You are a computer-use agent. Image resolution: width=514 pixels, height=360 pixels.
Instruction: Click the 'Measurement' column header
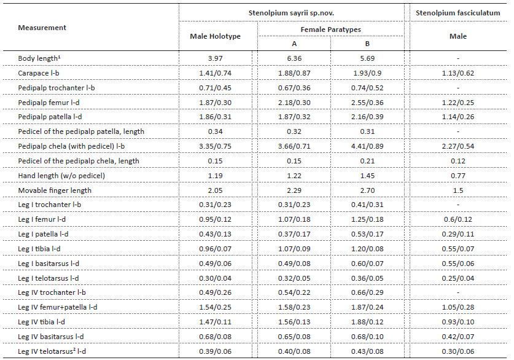point(42,28)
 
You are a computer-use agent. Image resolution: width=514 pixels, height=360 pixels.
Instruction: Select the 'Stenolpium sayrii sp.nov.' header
point(291,13)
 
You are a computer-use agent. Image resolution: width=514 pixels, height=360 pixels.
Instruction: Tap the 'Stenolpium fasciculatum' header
point(458,13)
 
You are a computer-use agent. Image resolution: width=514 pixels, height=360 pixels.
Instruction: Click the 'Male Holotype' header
point(215,36)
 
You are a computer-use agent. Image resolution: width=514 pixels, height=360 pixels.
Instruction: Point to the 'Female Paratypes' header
point(331,29)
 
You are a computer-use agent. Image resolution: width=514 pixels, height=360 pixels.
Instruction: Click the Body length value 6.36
point(294,58)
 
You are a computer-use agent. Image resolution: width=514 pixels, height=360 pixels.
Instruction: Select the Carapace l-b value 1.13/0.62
point(458,73)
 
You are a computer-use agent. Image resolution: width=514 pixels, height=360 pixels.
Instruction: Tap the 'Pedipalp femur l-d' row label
point(49,103)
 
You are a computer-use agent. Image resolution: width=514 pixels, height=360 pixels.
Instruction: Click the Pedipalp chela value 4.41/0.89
point(367,146)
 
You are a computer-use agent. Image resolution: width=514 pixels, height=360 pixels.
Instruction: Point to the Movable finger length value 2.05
point(215,190)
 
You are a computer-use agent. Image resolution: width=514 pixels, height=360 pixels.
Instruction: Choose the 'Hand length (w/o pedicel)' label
point(61,176)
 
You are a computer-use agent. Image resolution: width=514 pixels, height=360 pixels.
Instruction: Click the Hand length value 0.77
point(458,176)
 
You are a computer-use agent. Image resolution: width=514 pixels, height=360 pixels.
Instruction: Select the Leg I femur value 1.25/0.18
point(367,219)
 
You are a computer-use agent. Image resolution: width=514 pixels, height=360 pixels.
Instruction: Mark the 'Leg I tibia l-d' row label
point(39,249)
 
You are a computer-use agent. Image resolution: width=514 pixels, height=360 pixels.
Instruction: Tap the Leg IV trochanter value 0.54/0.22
point(294,292)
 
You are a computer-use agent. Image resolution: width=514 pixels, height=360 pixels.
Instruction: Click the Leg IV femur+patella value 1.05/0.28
point(458,307)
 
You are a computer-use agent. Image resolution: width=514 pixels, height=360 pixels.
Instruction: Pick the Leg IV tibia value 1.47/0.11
point(215,322)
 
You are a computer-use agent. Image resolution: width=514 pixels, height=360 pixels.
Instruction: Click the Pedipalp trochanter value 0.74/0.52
point(367,88)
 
